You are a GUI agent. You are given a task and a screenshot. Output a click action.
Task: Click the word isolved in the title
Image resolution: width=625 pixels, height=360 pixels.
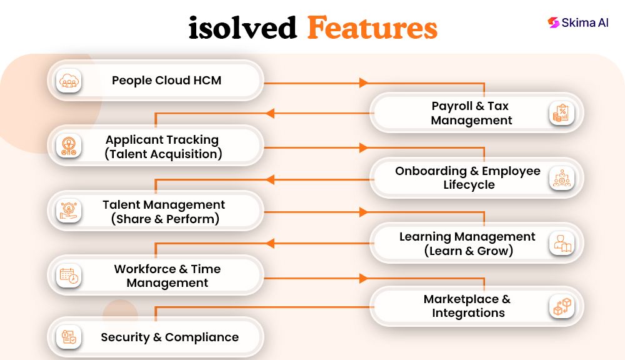[x=242, y=28]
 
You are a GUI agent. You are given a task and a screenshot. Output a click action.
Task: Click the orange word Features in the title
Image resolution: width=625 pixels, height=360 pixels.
[x=372, y=28]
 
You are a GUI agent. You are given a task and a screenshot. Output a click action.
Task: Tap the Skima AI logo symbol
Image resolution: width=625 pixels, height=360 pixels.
[x=553, y=22]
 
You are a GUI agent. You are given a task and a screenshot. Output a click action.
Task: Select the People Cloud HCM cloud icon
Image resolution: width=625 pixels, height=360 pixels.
[x=69, y=81]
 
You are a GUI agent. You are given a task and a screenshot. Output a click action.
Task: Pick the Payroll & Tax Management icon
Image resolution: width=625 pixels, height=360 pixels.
[x=561, y=113]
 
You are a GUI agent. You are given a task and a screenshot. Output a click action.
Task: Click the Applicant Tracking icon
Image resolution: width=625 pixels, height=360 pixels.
[x=69, y=146]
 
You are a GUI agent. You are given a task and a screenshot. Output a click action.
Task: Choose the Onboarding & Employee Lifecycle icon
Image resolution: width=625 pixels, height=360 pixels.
[x=562, y=178]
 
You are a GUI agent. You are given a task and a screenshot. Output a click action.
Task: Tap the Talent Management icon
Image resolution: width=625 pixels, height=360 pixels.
[x=69, y=211]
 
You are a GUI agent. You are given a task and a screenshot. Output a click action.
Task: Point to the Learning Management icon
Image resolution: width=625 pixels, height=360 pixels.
[x=562, y=243]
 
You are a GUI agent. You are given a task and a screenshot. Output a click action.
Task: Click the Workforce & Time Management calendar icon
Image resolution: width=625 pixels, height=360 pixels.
[x=69, y=276]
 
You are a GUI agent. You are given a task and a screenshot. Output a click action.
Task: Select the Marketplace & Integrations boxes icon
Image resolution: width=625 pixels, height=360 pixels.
[x=562, y=307]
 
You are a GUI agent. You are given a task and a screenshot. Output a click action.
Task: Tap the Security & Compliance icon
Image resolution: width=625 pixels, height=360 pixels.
[x=69, y=337]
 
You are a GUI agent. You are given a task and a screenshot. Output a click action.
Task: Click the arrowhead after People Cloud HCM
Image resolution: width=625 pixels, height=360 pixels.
[x=363, y=83]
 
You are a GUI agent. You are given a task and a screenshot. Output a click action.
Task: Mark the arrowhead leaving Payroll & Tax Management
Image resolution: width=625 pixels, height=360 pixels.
[x=270, y=113]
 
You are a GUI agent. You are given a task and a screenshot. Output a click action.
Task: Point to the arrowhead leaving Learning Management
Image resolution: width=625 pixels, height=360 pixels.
[x=270, y=243]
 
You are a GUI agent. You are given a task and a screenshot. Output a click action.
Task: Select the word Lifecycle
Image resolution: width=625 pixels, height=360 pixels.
[x=469, y=185]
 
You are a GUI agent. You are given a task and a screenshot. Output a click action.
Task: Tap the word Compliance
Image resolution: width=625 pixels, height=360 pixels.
[x=202, y=337]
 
